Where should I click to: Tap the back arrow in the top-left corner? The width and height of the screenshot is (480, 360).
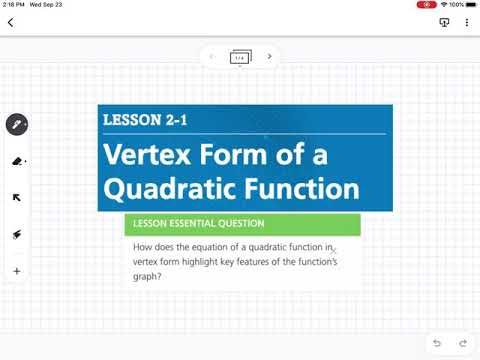(10, 22)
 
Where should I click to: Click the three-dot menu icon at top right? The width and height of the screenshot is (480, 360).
(467, 22)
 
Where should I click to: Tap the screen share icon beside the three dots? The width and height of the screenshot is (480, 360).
(445, 22)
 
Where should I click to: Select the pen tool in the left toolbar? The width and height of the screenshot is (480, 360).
(17, 125)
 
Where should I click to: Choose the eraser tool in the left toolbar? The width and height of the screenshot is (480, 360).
(17, 160)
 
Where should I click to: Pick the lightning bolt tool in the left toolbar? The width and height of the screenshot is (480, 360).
(17, 234)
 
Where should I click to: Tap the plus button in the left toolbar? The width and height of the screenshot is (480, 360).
(17, 271)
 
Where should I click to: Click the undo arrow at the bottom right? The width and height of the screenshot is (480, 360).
(437, 343)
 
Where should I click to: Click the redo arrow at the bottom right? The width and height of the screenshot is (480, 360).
(462, 343)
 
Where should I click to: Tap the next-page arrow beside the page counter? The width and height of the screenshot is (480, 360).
(269, 57)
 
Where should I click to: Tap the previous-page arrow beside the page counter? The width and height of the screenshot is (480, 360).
(212, 57)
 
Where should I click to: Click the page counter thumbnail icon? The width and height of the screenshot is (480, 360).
(240, 57)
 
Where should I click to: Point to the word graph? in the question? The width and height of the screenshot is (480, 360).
(147, 276)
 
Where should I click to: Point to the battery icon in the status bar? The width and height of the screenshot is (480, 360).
(470, 5)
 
